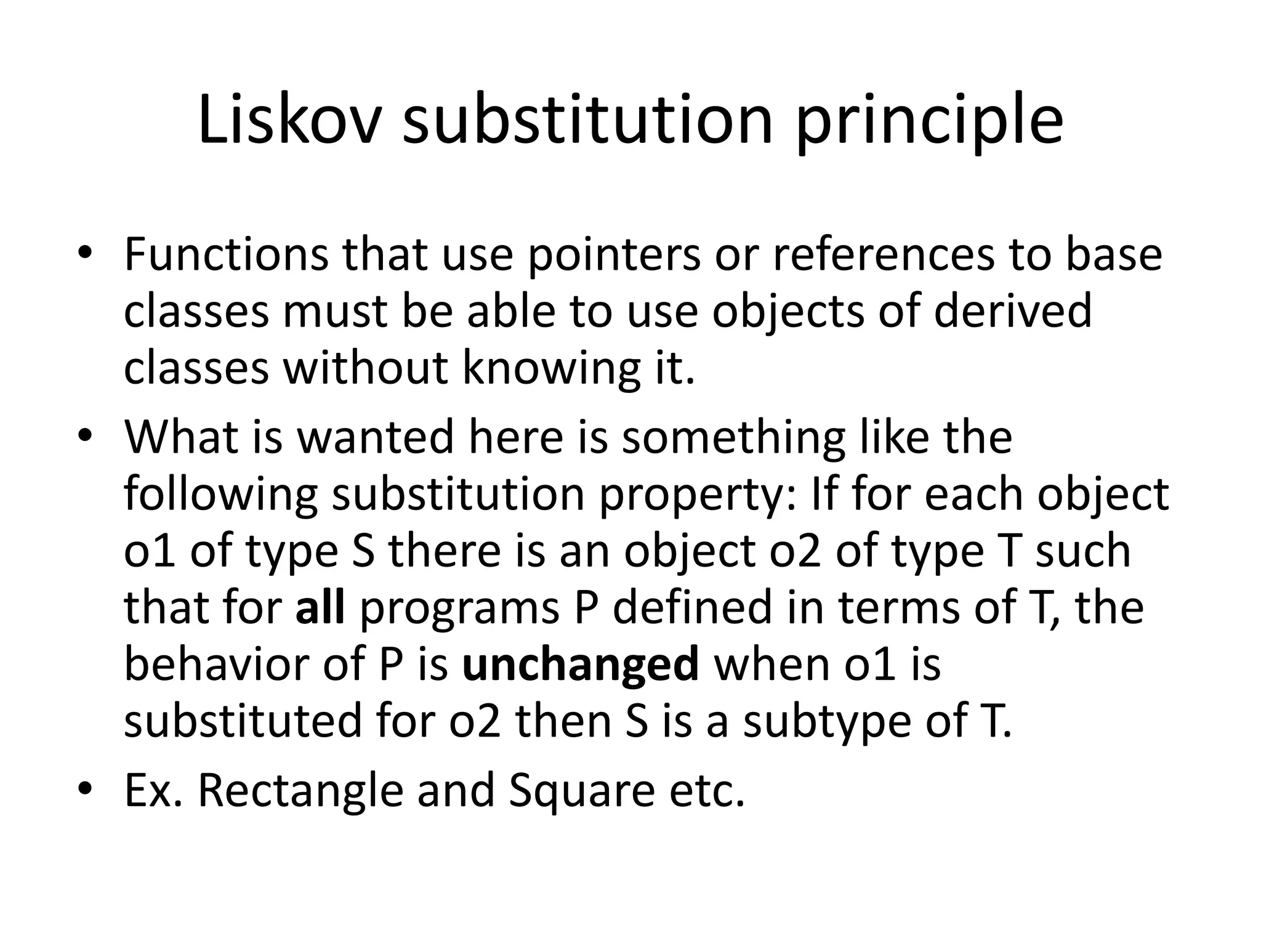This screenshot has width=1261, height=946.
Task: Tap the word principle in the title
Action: click(929, 123)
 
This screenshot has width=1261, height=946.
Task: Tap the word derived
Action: click(1013, 310)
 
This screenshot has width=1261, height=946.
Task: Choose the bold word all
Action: click(320, 607)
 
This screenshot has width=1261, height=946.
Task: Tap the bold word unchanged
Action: click(581, 664)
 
